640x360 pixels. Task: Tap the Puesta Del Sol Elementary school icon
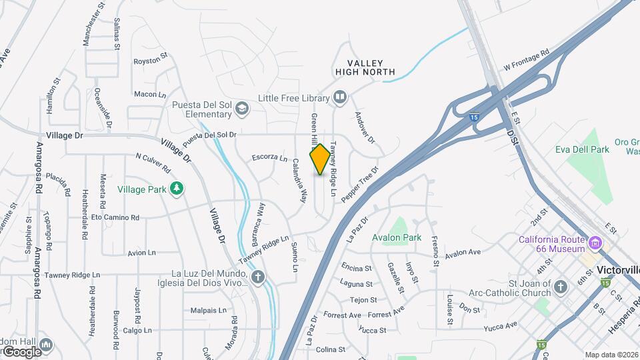(241, 108)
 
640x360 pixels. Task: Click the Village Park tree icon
(177, 189)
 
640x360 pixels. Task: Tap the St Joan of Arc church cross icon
(561, 287)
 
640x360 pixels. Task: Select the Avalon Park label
(397, 237)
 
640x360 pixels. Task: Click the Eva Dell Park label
(582, 149)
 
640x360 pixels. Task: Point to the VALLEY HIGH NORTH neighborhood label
(366, 67)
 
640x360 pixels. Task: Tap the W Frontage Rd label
(526, 60)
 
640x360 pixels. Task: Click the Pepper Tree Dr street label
(359, 185)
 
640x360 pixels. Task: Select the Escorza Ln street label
(269, 158)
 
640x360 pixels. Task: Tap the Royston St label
(147, 61)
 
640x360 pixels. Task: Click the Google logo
(21, 351)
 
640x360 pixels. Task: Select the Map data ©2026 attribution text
(612, 355)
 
